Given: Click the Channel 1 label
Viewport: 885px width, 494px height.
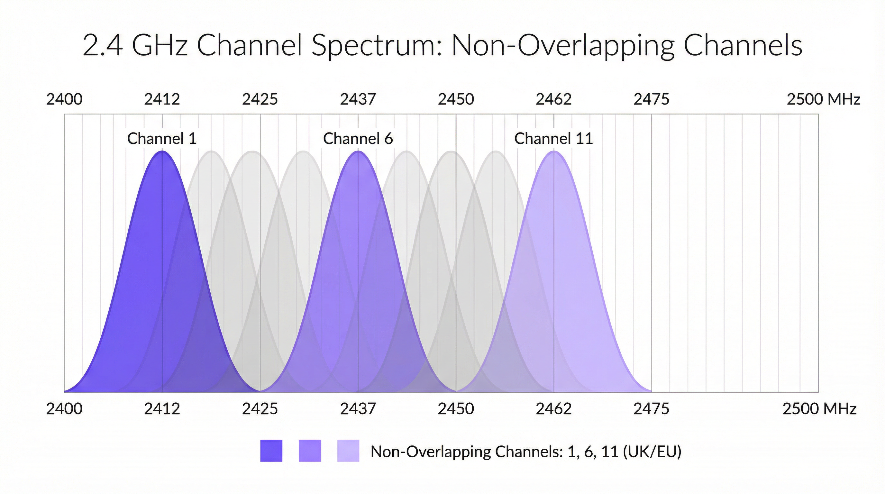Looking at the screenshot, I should pyautogui.click(x=162, y=138).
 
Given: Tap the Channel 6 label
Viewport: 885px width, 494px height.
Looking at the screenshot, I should pyautogui.click(x=358, y=138).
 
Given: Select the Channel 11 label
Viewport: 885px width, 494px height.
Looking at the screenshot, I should pyautogui.click(x=553, y=138).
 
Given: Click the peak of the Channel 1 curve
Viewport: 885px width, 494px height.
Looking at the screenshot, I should pyautogui.click(x=162, y=152).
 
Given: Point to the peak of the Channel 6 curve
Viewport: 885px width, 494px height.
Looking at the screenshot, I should pyautogui.click(x=358, y=152).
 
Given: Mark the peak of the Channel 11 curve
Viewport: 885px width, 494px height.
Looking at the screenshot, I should pyautogui.click(x=553, y=152).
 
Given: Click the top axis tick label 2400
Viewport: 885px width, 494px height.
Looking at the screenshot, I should pyautogui.click(x=64, y=100).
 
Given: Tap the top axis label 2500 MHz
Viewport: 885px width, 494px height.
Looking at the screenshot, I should pyautogui.click(x=823, y=100).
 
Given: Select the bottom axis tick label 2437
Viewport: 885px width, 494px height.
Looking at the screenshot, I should pyautogui.click(x=358, y=409).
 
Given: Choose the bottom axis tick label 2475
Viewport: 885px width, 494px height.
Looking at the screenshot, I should pyautogui.click(x=652, y=409).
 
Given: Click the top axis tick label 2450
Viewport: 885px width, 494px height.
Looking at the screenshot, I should pyautogui.click(x=456, y=100).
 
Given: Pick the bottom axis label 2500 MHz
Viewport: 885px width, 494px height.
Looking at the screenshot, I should pyautogui.click(x=819, y=409).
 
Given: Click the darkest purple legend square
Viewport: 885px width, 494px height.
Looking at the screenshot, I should pyautogui.click(x=271, y=451).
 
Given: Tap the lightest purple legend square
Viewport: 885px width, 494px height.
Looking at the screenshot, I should pyautogui.click(x=348, y=451).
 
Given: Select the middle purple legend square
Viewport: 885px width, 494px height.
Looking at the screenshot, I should pyautogui.click(x=310, y=451).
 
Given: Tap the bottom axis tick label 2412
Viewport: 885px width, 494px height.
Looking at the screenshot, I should pyautogui.click(x=162, y=409).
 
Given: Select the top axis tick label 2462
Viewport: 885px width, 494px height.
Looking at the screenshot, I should pyautogui.click(x=553, y=100).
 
